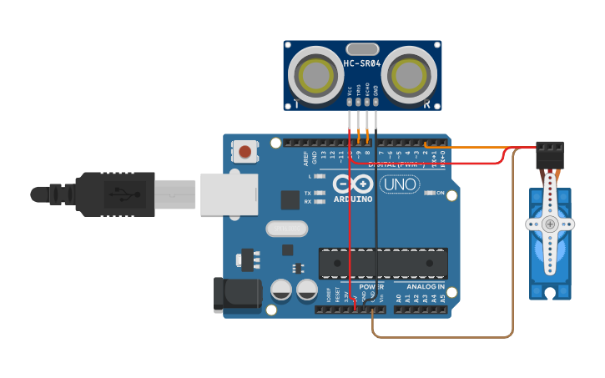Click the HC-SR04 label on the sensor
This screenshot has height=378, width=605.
coord(362,63)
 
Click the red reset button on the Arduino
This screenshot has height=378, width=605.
coord(245,151)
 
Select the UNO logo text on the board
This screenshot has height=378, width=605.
coord(400,184)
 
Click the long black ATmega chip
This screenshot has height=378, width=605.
coord(383,264)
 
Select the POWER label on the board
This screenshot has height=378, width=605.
coord(371,286)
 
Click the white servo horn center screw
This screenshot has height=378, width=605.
coord(550,224)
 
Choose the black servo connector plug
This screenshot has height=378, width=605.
coord(550,154)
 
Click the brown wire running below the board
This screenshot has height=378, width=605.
coord(442,337)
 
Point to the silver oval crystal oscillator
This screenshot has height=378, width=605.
coord(287,228)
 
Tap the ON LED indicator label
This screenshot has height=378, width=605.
coord(441,193)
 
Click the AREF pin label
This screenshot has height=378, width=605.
coord(305,158)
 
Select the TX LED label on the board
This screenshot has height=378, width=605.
coord(308,193)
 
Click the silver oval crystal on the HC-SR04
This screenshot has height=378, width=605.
coord(362,49)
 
